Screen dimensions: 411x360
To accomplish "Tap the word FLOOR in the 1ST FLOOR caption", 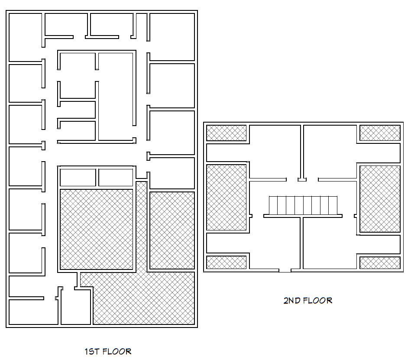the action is coord(117,351).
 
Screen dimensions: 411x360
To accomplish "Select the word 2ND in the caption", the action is coord(292,300).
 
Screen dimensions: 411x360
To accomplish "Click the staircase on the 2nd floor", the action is coord(303,205).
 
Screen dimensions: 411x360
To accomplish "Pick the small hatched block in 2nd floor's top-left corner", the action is coord(227,133).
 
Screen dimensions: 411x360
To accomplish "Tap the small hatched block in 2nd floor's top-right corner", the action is coord(380,133).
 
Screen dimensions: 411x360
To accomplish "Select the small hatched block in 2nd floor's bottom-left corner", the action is coord(227,263).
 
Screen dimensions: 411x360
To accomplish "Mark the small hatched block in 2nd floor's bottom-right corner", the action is coord(380,263).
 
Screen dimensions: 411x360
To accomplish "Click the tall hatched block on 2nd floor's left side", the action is coord(227,198).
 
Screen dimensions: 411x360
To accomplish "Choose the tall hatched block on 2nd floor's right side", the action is coord(380,199).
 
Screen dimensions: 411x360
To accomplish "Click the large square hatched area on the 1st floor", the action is coord(97,229).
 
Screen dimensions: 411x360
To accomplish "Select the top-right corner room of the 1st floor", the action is coord(172,37).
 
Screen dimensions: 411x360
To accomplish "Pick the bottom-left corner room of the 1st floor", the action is coord(33,312).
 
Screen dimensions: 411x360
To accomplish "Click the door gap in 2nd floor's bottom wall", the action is coord(285,270).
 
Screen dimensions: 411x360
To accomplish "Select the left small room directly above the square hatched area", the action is coord(78,178).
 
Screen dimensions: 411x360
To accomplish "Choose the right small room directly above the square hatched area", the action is coord(116,178).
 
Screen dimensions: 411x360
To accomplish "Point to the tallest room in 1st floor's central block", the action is coord(116,97).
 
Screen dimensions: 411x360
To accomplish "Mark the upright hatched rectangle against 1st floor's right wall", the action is coord(172,230).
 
